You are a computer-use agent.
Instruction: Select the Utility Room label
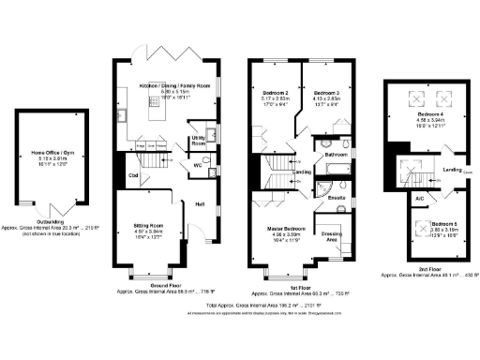coord(198,137)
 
